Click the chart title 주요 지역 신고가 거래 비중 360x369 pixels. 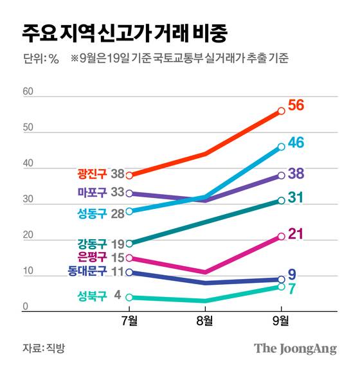123,32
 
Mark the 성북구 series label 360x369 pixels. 89,296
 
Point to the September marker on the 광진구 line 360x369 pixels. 282,111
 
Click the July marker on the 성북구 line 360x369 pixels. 129,298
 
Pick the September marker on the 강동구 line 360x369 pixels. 282,201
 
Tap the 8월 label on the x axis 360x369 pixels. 205,321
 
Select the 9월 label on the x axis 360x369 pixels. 282,321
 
